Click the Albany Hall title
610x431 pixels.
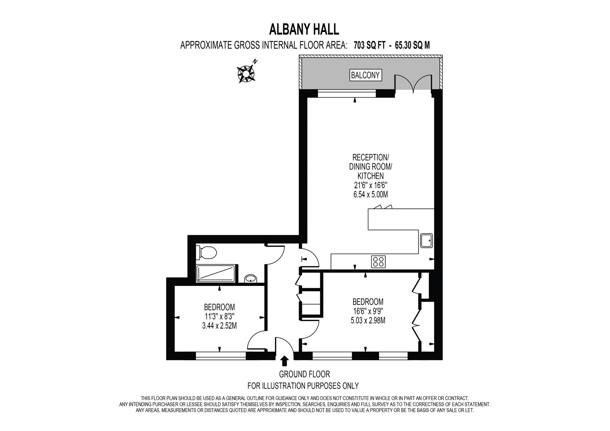(304, 29)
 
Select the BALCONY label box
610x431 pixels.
(365, 75)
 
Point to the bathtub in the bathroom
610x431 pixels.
(216, 274)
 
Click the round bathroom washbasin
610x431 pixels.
(250, 279)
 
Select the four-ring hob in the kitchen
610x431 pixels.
(379, 261)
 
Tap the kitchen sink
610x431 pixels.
(426, 240)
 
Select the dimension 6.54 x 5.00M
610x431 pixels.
(370, 195)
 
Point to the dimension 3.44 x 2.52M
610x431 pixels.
(219, 326)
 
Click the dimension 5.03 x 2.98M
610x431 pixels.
(368, 321)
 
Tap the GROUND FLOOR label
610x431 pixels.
(304, 374)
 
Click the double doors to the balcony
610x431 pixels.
(413, 84)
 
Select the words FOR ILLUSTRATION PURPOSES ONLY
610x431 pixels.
(303, 386)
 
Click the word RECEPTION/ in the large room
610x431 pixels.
(370, 157)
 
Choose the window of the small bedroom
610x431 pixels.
(221, 356)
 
